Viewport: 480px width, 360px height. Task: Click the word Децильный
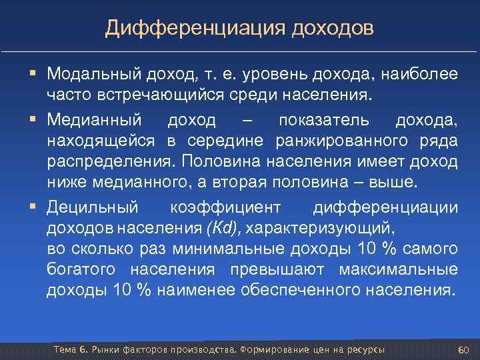coord(92,207)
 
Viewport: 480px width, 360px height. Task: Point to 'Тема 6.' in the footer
coord(69,350)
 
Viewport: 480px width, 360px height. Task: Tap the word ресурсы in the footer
coord(367,350)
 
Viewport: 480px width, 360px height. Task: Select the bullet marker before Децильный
coord(32,207)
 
